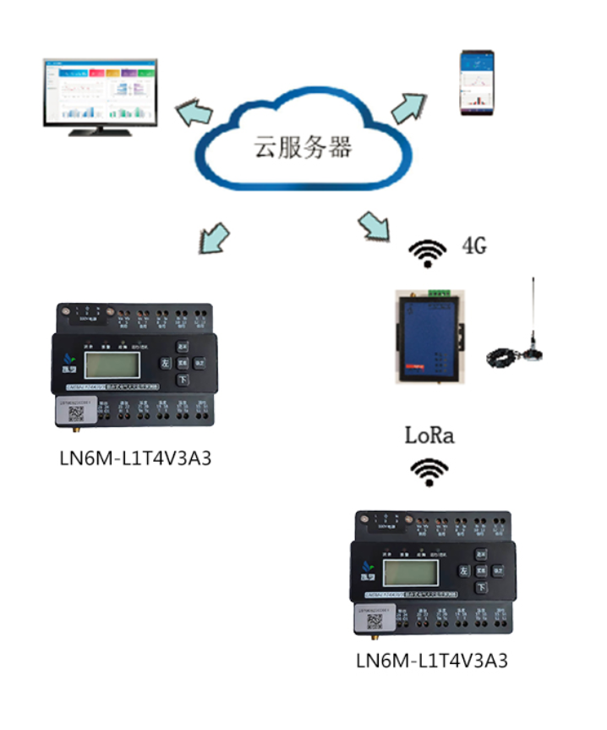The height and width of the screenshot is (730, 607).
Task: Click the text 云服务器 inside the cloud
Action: tap(303, 149)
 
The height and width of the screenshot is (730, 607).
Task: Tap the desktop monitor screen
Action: tap(101, 90)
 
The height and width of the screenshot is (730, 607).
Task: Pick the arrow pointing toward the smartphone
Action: tap(410, 104)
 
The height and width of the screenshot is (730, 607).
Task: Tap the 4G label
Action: tap(474, 247)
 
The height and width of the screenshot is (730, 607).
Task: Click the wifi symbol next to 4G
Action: tap(429, 252)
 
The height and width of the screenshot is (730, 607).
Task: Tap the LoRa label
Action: tap(429, 436)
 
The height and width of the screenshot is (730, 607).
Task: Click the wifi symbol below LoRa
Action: tap(429, 470)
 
